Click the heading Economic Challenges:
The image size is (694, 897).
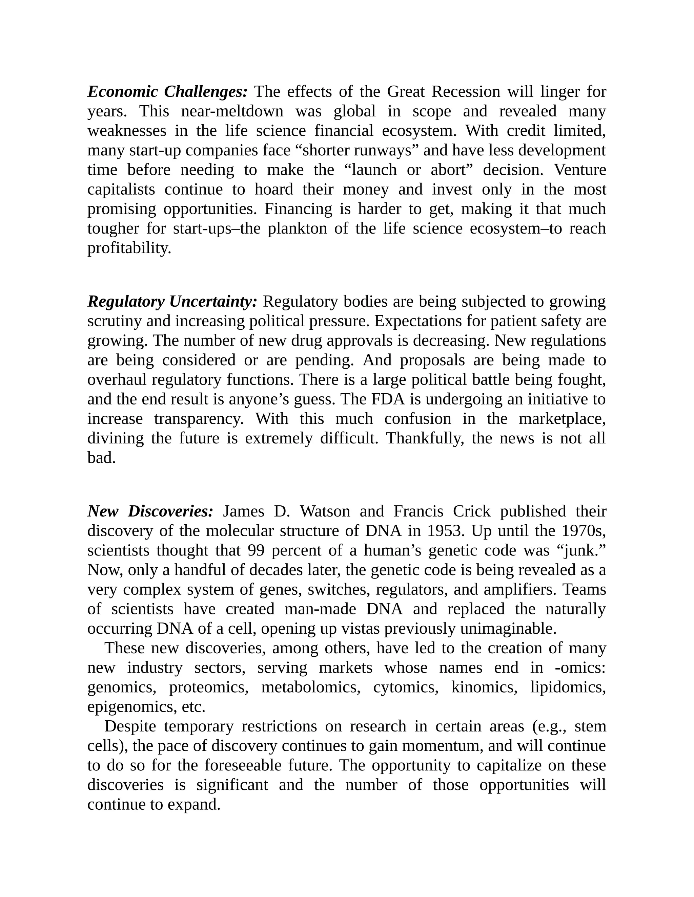(167, 92)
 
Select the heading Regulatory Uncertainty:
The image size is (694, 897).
(172, 302)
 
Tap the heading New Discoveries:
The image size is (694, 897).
(150, 511)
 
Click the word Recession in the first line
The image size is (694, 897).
(466, 92)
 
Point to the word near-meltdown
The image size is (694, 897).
(232, 111)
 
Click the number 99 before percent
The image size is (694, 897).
(256, 550)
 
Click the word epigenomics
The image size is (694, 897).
(132, 707)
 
